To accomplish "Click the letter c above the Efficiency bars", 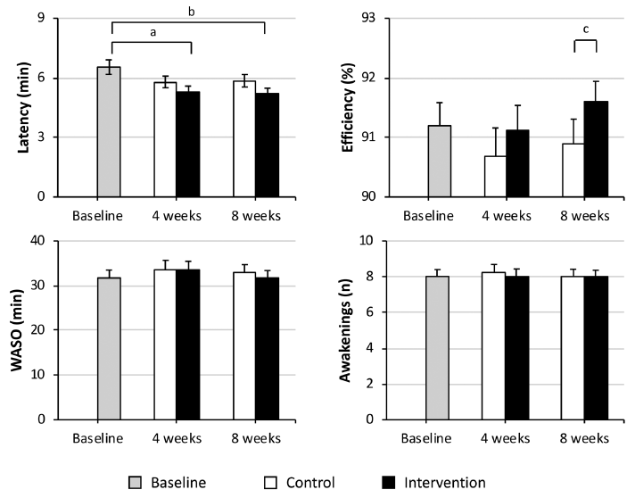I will pos(586,29).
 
